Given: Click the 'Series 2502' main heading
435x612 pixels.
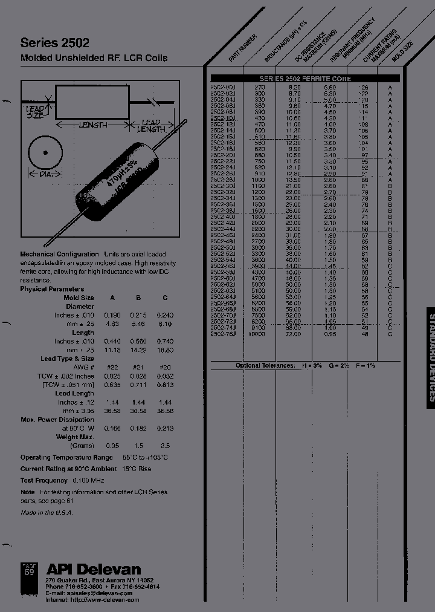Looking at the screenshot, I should coord(55,43).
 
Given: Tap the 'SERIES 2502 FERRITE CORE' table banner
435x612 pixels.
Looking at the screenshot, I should coord(305,79).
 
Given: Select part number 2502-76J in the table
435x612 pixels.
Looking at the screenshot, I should coord(223,334).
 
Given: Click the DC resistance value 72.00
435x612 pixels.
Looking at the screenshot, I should coord(293,334).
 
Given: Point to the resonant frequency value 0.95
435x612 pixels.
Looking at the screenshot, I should coord(329,334).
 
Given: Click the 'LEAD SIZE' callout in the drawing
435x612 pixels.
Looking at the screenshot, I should coord(35,111).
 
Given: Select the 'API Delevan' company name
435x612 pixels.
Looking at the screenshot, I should coord(94,569).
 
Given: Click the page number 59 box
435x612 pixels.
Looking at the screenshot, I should coord(28,570).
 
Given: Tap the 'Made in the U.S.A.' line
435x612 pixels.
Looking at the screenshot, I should coord(47,512).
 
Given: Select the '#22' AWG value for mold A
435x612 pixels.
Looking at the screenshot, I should coord(112,367).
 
